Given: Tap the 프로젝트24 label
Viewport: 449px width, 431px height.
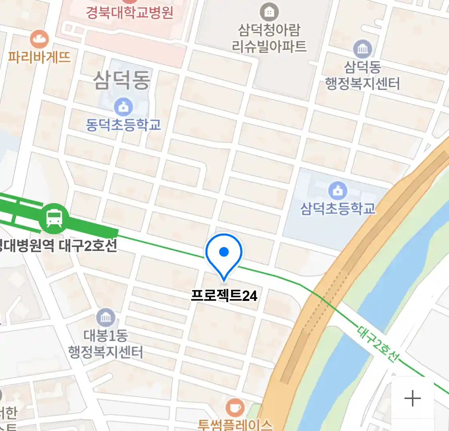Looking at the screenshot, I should (224, 296).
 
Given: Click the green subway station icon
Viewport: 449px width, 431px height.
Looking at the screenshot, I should (54, 218).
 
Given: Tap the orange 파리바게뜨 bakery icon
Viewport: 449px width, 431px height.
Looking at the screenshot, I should (39, 39).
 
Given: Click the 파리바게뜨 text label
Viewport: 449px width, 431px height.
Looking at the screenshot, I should (39, 57).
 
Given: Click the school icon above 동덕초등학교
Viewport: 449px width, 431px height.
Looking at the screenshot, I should (123, 107).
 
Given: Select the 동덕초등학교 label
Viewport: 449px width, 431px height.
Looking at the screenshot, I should (123, 125).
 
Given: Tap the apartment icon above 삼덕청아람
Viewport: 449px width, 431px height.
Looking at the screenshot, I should (269, 12).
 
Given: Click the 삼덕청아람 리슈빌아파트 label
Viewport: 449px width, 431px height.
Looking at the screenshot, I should (269, 38).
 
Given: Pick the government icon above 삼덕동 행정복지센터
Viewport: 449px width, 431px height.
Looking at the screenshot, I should (362, 49).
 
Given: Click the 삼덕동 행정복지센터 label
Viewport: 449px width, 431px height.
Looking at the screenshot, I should (362, 75).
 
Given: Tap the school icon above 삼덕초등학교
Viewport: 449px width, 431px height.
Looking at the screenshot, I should (338, 190).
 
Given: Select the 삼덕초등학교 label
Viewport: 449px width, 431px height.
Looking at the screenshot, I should (338, 208).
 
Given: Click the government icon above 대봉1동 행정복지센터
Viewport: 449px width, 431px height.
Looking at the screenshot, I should (105, 318).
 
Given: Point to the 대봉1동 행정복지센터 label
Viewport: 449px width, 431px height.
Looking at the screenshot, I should (105, 344).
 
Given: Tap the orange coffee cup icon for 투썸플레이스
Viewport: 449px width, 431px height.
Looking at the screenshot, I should (235, 407).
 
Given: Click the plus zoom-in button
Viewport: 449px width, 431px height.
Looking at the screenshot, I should (412, 398).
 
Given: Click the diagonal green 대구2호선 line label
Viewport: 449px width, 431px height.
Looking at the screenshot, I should (377, 344).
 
